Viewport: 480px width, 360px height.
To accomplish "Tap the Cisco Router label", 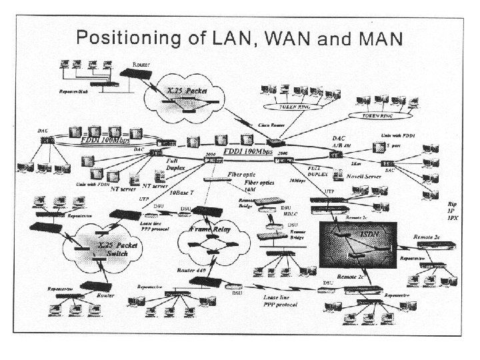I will pyautogui.click(x=254, y=125).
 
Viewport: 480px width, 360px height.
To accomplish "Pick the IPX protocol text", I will pyautogui.click(x=453, y=218).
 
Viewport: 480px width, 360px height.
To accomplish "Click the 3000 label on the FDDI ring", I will pyautogui.click(x=211, y=154).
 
